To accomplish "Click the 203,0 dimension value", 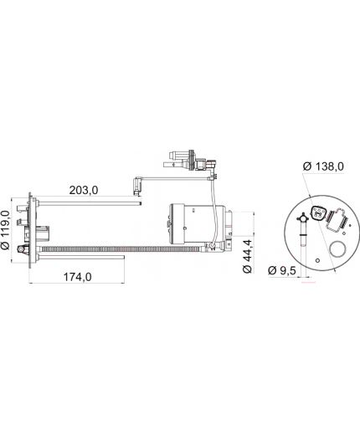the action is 84,190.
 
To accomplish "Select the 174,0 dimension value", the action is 77,277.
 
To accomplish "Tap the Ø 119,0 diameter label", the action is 6,230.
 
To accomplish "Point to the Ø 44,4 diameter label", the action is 247,256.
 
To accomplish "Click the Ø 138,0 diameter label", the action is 323,166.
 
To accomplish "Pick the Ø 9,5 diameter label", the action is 281,270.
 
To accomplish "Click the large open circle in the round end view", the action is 337,249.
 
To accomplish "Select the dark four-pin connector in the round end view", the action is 317,213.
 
